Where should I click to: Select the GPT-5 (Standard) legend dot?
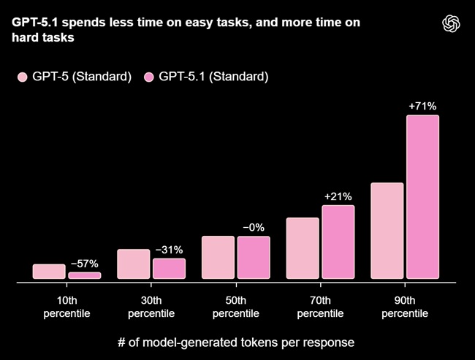tap(22, 77)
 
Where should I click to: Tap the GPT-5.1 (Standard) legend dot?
tap(150, 77)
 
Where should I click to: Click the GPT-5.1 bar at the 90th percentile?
tap(422, 197)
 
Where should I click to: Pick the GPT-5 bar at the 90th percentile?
tap(387, 231)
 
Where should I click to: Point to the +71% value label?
tap(422, 107)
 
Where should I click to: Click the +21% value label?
tap(338, 196)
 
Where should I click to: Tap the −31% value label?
tap(169, 250)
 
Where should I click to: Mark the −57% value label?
tap(84, 264)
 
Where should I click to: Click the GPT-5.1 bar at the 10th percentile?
tap(84, 275)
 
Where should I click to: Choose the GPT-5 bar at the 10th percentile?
tap(49, 272)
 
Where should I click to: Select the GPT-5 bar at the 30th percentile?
tap(133, 264)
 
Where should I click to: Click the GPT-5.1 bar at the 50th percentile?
tap(254, 258)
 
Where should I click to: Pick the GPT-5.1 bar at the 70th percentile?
tap(338, 242)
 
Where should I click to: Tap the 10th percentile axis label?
tap(66, 307)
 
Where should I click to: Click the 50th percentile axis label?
tap(235, 307)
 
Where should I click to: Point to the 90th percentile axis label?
tap(404, 307)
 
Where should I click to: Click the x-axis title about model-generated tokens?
tap(236, 342)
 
